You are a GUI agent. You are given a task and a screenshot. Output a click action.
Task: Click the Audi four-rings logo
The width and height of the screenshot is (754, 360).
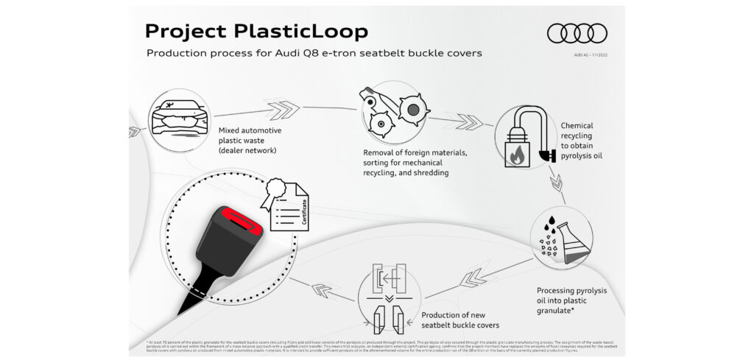[577, 33]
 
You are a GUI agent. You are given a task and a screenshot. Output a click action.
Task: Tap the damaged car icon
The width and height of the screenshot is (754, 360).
[179, 116]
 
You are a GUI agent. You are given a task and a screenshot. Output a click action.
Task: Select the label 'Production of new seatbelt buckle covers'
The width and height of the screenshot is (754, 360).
[460, 320]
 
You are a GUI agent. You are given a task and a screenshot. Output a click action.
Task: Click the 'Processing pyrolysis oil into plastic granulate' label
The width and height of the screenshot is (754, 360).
[571, 300]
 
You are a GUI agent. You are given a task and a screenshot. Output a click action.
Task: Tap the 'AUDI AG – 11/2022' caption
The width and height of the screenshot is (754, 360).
[591, 54]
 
